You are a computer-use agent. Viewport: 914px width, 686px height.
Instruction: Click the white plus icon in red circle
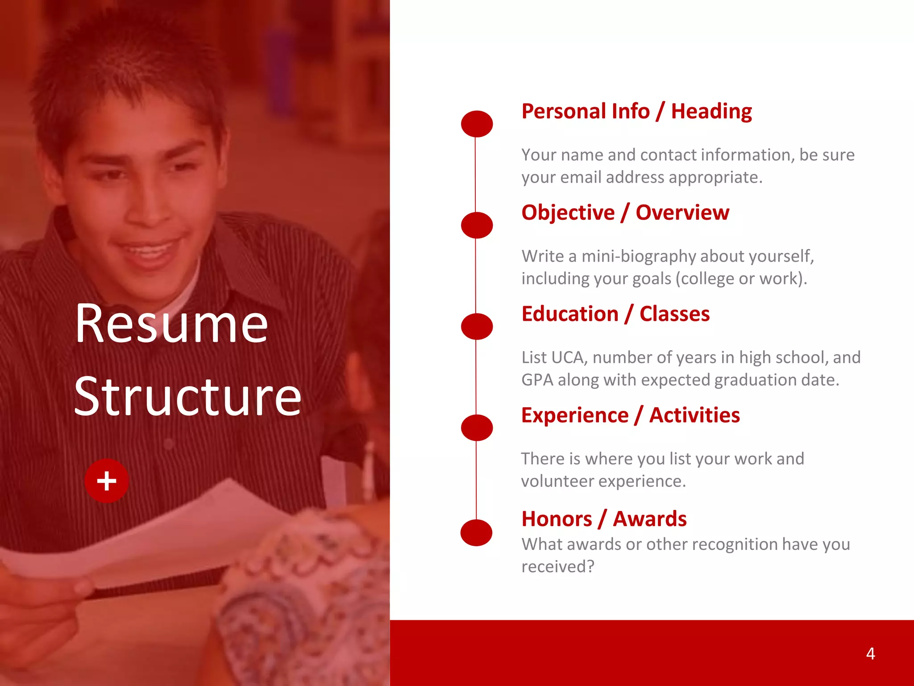tap(107, 481)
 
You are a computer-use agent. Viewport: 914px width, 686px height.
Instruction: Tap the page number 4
tap(870, 654)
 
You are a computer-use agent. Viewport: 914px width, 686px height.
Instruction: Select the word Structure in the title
tap(188, 397)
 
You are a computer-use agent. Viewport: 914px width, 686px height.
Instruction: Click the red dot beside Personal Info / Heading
tap(477, 124)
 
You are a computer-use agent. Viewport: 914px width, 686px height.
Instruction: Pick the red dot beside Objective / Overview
tap(477, 225)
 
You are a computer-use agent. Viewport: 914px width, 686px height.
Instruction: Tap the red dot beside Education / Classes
tap(477, 326)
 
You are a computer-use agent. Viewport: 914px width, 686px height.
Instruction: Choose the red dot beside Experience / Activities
tap(477, 428)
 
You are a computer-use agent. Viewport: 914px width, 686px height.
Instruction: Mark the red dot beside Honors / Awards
tap(476, 532)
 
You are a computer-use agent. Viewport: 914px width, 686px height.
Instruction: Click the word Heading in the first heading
tap(711, 112)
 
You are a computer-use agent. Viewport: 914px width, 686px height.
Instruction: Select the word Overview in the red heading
tap(682, 213)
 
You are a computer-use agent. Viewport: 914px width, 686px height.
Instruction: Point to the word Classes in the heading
tap(674, 314)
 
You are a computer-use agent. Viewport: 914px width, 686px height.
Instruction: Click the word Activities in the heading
tap(694, 415)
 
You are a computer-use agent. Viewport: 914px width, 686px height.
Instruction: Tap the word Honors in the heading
tap(557, 519)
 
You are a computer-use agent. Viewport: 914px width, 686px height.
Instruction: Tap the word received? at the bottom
tap(558, 567)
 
